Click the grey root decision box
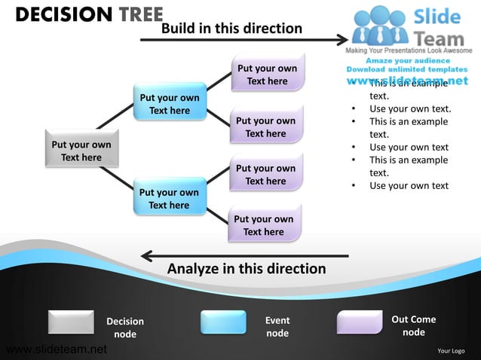pyautogui.click(x=81, y=151)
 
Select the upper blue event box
pyautogui.click(x=169, y=103)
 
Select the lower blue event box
pyautogui.click(x=169, y=198)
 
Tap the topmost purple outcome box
pyautogui.click(x=267, y=74)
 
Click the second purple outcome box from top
pyautogui.click(x=265, y=127)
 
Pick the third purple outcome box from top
pyautogui.click(x=265, y=174)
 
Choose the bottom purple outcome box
pyautogui.click(x=264, y=225)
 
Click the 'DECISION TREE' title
pyautogui.click(x=88, y=14)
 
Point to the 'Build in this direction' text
pyautogui.click(x=231, y=29)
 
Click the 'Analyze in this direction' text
pyautogui.click(x=247, y=269)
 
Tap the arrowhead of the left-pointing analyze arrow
pyautogui.click(x=147, y=256)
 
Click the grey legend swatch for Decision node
pyautogui.click(x=71, y=322)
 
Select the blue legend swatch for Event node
pyautogui.click(x=223, y=322)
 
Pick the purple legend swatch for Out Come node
pyautogui.click(x=360, y=322)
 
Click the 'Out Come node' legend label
pyautogui.click(x=413, y=325)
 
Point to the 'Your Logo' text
pyautogui.click(x=451, y=350)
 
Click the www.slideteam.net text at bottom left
pyautogui.click(x=56, y=349)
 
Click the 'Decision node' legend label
pyautogui.click(x=125, y=328)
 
